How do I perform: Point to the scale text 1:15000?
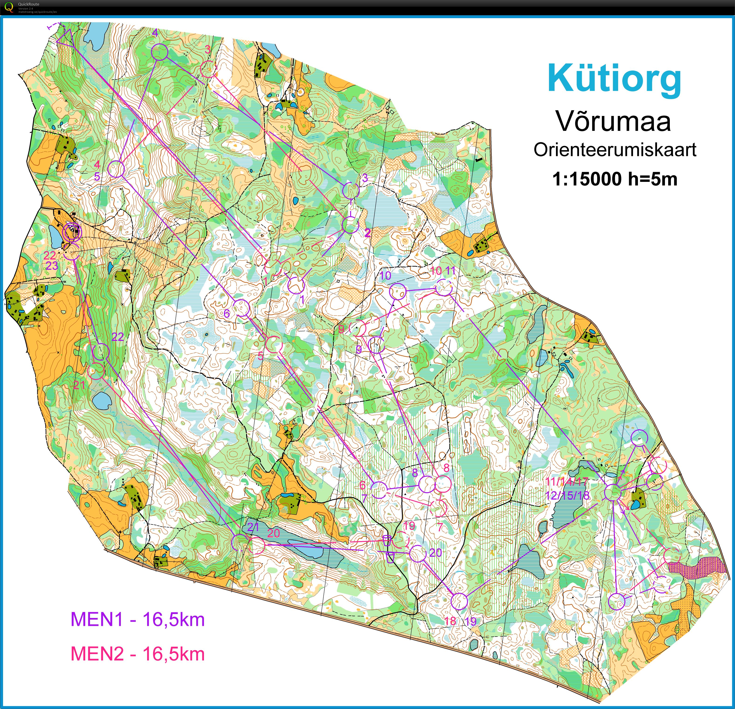point(587,179)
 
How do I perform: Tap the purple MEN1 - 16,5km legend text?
point(138,619)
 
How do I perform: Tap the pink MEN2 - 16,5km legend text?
point(138,654)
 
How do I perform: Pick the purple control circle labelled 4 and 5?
point(116,169)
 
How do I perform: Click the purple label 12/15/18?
point(567,495)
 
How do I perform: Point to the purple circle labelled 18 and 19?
point(459,601)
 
